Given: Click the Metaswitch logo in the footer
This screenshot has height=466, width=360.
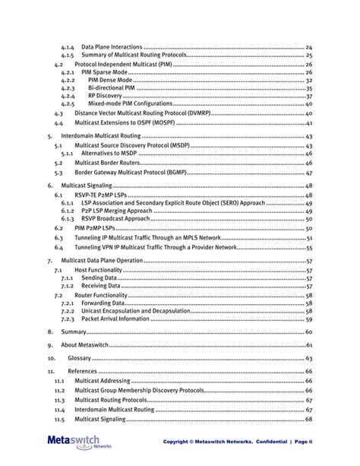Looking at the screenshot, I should tap(73, 442).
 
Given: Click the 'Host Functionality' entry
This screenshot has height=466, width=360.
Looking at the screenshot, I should tap(99, 270).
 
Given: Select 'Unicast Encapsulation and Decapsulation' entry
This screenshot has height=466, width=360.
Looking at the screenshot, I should tap(134, 310).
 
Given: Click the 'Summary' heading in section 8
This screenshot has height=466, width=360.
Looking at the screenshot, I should tap(74, 332).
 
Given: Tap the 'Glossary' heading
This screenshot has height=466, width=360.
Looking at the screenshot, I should tap(79, 358).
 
